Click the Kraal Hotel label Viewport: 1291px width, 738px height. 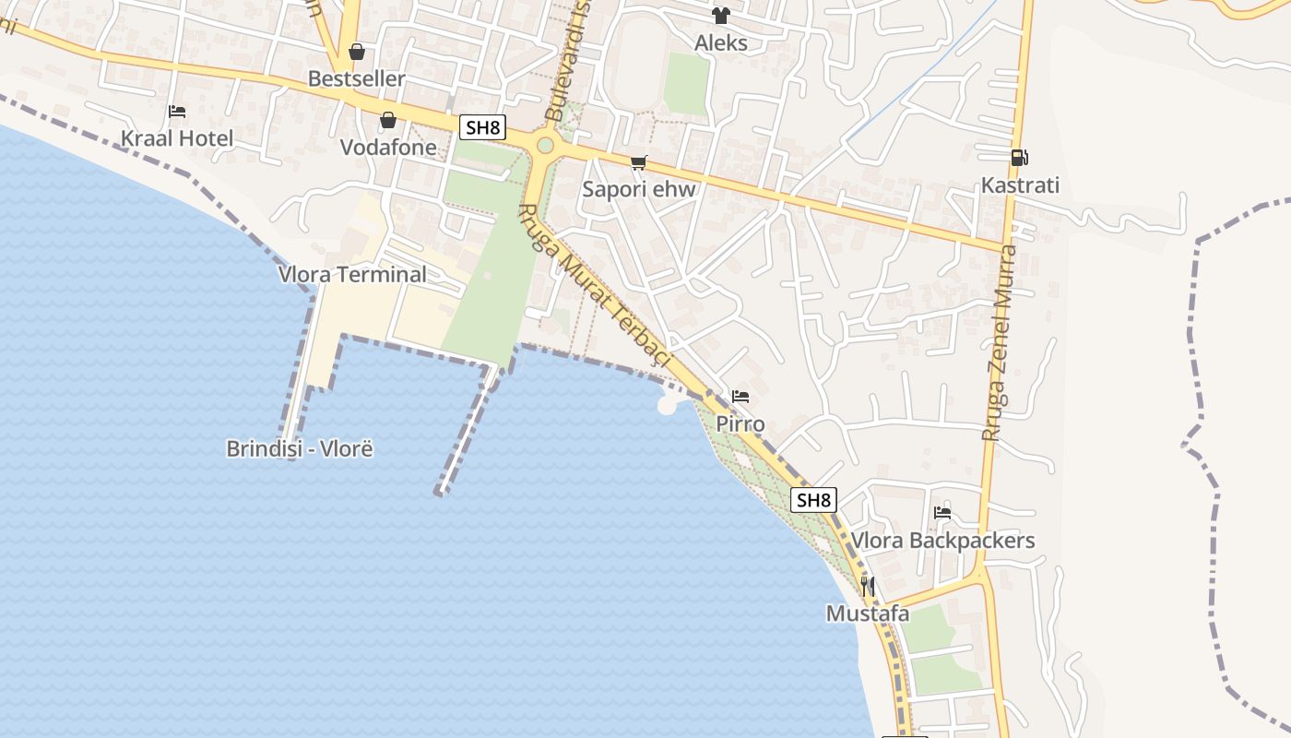177,139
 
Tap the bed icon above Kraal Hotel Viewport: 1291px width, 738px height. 177,112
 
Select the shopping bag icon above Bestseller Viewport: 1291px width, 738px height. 357,52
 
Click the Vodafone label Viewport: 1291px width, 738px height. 388,148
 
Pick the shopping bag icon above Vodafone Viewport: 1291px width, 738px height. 388,120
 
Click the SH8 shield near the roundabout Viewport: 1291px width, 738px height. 483,127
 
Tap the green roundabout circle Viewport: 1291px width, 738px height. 545,145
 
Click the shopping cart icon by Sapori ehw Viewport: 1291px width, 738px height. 638,163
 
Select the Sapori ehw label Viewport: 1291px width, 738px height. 638,190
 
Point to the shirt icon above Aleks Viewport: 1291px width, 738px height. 721,16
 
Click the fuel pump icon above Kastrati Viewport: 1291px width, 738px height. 1019,158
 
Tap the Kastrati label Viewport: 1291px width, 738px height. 1020,185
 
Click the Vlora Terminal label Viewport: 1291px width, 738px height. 353,274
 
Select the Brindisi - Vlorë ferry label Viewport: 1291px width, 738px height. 300,449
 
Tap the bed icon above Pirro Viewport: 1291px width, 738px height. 740,398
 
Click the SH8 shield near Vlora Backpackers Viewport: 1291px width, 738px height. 814,500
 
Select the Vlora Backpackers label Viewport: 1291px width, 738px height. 942,541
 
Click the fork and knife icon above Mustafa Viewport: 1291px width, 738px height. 867,586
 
